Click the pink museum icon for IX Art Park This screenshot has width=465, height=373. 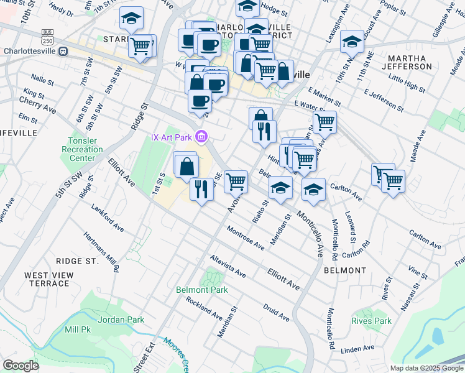[x=201, y=136]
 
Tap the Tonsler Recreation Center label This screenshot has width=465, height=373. [x=82, y=149]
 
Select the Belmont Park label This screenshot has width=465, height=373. [x=201, y=290]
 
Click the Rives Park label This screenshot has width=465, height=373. [x=371, y=321]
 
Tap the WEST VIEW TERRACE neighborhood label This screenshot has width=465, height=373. [x=47, y=279]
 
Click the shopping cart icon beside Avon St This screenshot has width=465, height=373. [x=236, y=182]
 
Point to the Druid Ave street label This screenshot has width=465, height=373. [x=275, y=312]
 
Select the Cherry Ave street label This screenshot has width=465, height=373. [x=37, y=104]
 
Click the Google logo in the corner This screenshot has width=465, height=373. [x=21, y=366]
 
